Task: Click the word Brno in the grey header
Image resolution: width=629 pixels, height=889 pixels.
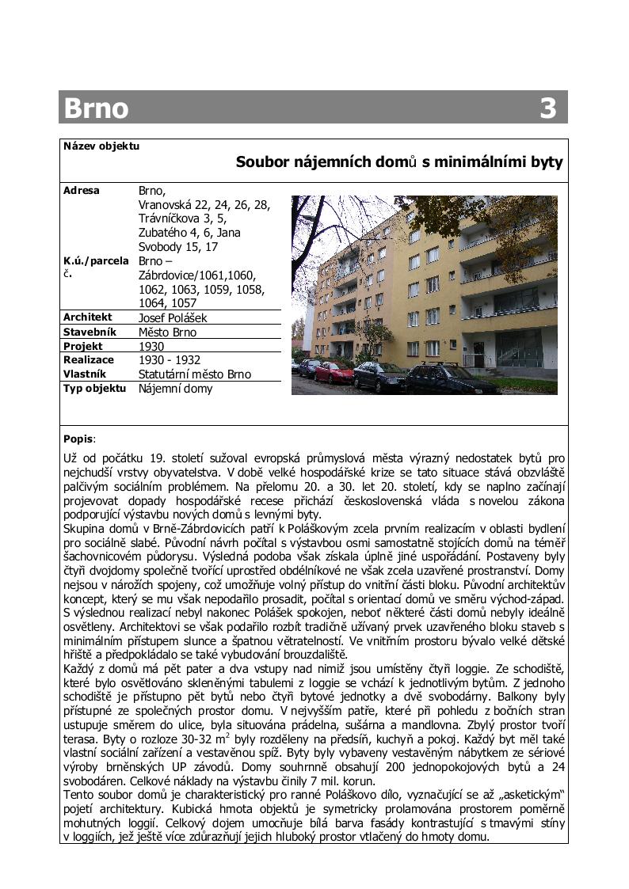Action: pyautogui.click(x=95, y=108)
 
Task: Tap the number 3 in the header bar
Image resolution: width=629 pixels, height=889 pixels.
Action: pyautogui.click(x=547, y=108)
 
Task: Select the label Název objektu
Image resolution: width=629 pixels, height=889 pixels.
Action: pyautogui.click(x=101, y=146)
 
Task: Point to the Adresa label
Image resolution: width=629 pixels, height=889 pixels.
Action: pyautogui.click(x=81, y=191)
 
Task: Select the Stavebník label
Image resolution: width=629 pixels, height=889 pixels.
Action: pyautogui.click(x=90, y=332)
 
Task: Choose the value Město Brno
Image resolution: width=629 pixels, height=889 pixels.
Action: pyautogui.click(x=168, y=332)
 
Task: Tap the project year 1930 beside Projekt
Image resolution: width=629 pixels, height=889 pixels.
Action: pyautogui.click(x=151, y=346)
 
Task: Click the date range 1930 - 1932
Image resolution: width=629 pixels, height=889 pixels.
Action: pyautogui.click(x=170, y=360)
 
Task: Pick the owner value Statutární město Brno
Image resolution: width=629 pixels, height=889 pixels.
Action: pyautogui.click(x=194, y=374)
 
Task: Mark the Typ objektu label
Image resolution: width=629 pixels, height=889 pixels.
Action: pyautogui.click(x=94, y=389)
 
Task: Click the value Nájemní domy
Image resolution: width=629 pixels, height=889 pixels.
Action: pyautogui.click(x=175, y=389)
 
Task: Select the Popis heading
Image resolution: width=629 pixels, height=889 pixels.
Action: pyautogui.click(x=78, y=439)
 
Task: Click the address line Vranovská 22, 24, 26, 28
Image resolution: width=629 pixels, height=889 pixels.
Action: pyautogui.click(x=204, y=205)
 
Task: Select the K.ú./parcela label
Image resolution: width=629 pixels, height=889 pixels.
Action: pyautogui.click(x=95, y=261)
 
